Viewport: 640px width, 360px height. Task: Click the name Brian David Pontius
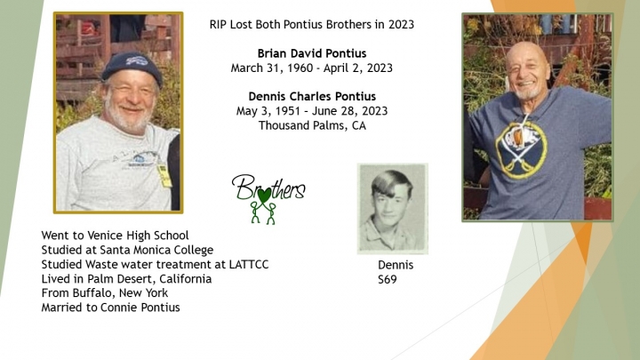312,53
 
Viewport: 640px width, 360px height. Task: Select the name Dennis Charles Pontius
312,96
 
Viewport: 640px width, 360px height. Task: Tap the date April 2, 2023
358,68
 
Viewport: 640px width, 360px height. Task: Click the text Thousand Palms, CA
312,125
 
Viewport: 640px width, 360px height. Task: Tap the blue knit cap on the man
132,67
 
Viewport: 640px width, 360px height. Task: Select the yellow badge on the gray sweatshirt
164,174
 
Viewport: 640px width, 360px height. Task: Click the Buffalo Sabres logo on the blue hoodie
521,149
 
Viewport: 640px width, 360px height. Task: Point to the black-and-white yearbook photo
393,209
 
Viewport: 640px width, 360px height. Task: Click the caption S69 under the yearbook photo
387,280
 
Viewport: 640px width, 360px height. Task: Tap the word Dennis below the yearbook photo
396,265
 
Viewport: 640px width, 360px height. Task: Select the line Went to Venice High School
115,236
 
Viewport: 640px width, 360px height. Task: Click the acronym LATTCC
249,265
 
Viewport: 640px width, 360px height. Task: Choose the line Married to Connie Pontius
110,308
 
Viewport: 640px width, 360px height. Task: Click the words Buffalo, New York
120,293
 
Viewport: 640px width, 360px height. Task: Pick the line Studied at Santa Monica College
127,250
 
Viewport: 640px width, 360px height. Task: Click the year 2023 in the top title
401,25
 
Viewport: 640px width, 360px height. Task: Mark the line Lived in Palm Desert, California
126,279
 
